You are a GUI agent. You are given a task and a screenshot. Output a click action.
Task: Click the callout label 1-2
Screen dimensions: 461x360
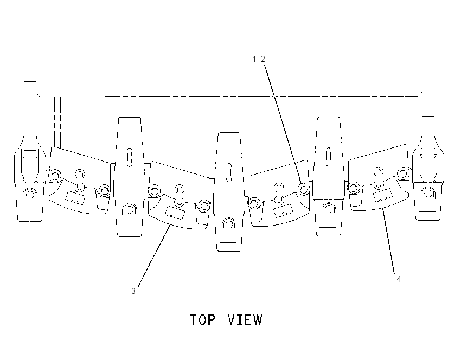(x=259, y=59)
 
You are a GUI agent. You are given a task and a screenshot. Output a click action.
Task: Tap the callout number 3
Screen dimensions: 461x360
(x=133, y=291)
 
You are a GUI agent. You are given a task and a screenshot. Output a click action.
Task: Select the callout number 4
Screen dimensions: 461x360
(x=399, y=279)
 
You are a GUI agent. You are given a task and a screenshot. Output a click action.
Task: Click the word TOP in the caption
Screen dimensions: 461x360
(x=203, y=320)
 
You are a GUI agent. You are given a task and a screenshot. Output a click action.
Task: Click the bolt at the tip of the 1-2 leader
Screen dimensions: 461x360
(x=303, y=189)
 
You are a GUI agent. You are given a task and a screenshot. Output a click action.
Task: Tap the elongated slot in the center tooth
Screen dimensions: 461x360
(x=229, y=172)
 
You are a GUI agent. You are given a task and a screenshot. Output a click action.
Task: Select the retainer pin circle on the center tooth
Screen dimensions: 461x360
(x=229, y=224)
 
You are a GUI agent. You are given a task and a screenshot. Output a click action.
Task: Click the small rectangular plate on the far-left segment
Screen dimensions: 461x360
(x=75, y=197)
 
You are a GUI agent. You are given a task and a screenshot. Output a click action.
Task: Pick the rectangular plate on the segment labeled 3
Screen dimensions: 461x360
(x=175, y=212)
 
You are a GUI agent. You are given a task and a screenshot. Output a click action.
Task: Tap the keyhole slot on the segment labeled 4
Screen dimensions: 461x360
(x=379, y=177)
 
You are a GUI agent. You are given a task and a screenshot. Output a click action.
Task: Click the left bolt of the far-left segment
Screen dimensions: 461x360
(x=54, y=176)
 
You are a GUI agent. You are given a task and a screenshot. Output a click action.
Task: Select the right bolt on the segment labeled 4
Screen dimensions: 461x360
(x=402, y=173)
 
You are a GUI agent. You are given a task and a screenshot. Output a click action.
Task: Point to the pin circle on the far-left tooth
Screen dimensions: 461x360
(x=29, y=194)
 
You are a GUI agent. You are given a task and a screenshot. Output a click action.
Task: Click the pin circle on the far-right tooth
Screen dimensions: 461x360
(x=428, y=193)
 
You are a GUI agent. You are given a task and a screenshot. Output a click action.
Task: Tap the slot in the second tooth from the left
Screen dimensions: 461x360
(x=130, y=158)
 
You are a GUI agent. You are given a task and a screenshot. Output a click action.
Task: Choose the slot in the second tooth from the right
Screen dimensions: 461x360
(x=329, y=157)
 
